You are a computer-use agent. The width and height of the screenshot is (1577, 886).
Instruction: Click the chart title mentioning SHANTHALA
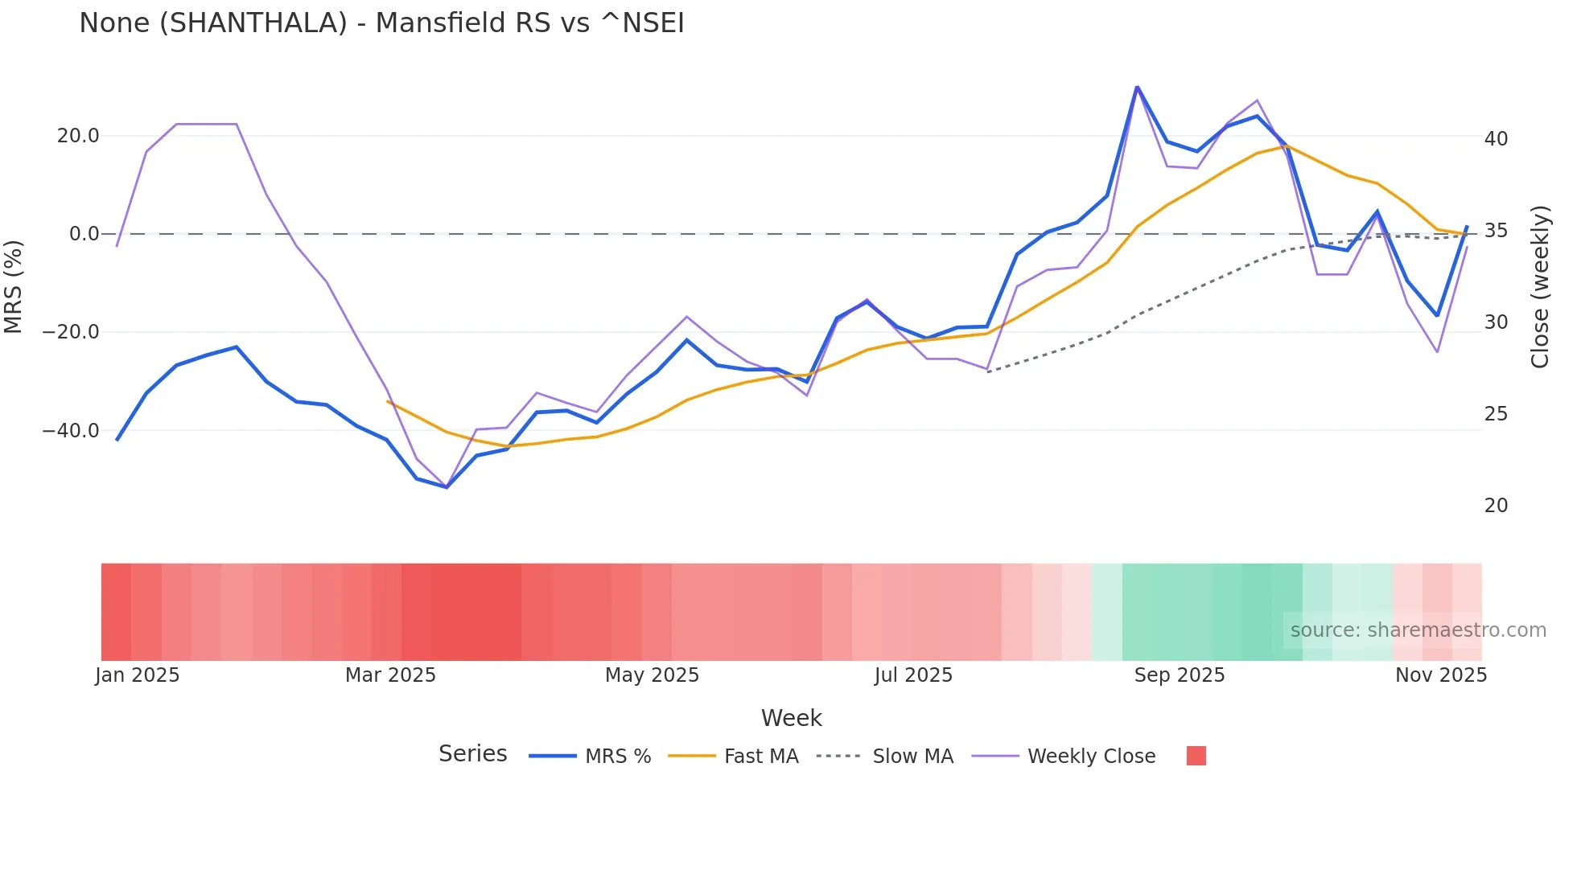tap(381, 23)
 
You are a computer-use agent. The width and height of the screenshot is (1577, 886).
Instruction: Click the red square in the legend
tap(1196, 756)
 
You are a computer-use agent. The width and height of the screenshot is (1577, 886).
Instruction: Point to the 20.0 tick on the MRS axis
tap(78, 136)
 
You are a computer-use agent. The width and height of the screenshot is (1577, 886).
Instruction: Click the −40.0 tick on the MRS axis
tap(71, 431)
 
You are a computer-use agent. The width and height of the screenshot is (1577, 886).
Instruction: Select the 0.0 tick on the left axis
tap(84, 234)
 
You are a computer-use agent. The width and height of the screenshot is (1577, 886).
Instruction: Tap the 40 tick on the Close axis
tap(1496, 139)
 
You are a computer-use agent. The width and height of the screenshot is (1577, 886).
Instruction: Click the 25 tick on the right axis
tap(1496, 414)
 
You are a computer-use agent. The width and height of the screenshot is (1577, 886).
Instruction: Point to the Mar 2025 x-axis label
tap(390, 675)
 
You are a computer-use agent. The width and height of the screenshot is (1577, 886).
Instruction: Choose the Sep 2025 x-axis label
tap(1179, 675)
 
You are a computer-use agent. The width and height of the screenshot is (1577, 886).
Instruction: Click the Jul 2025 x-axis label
tap(913, 675)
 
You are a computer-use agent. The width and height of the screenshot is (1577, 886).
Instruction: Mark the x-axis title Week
tap(791, 718)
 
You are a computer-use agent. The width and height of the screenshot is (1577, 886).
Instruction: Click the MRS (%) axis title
tap(14, 286)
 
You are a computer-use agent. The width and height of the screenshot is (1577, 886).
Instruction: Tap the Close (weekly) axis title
tap(1540, 287)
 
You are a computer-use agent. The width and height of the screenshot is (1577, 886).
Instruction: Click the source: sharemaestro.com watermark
tap(1418, 630)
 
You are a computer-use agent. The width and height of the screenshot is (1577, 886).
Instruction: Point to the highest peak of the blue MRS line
tap(1137, 87)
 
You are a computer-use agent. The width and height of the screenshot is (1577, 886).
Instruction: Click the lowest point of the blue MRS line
tap(447, 487)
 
